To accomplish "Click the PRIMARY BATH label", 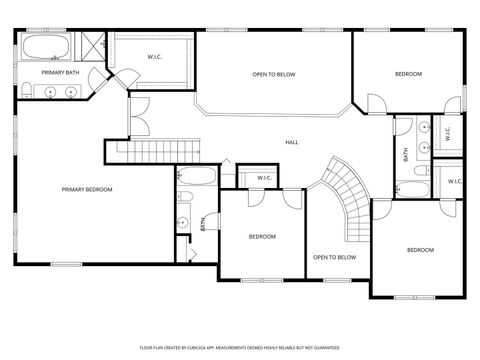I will [x=59, y=73].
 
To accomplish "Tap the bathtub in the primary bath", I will [x=46, y=48].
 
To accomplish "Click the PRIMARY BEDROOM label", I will [x=86, y=189].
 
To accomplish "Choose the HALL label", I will [x=292, y=142].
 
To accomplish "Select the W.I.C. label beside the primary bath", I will [x=155, y=57].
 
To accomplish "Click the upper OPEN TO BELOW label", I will [x=273, y=74].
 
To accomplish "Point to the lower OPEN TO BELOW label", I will [x=334, y=257].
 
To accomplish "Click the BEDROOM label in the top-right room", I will [x=408, y=74].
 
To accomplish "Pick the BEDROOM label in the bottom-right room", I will [x=420, y=249].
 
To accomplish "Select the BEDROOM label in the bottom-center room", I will [x=262, y=236].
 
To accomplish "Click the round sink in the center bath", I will [x=183, y=222].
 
